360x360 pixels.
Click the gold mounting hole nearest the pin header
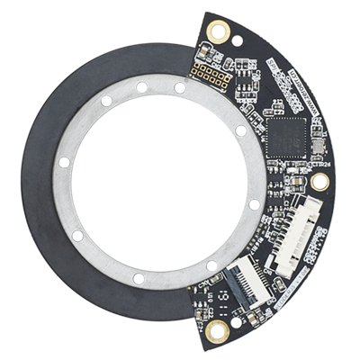216,31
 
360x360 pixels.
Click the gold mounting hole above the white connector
320,181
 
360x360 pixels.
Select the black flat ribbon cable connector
246,271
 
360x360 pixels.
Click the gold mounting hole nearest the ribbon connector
217,330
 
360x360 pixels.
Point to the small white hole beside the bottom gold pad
237,321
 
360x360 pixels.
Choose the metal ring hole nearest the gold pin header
180,88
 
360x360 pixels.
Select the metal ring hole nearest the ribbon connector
212,265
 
